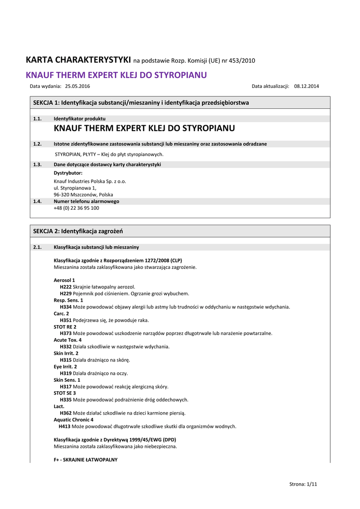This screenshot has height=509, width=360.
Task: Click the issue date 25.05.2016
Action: pos(77,86)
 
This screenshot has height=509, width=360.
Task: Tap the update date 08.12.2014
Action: pos(307,86)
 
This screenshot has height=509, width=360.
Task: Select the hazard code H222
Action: pos(66,287)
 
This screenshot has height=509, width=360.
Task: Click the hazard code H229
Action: pos(66,294)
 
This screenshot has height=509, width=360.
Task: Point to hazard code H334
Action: pos(66,307)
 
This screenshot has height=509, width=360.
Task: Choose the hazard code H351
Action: pos(66,321)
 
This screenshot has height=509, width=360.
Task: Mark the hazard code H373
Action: pos(66,334)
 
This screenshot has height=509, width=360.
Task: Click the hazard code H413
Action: pos(65,426)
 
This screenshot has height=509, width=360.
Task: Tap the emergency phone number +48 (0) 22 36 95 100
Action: pos(76,208)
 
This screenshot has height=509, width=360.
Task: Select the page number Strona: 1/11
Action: pos(303,484)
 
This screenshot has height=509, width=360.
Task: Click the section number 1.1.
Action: pos(37,119)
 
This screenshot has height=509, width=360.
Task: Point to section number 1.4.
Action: pos(37,201)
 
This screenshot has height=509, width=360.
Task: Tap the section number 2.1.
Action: pos(37,247)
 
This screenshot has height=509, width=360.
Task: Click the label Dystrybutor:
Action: pos(68,173)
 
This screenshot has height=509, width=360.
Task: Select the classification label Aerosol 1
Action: pos(64,280)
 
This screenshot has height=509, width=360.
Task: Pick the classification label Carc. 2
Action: pos(62,314)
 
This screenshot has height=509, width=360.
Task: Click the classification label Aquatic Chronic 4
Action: pos(73,420)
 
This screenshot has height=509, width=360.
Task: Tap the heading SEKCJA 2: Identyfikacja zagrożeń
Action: pos(78,231)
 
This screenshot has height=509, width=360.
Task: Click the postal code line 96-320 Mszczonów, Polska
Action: pos(83,195)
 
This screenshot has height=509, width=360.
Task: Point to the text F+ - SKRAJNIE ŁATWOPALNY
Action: pos(86,460)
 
